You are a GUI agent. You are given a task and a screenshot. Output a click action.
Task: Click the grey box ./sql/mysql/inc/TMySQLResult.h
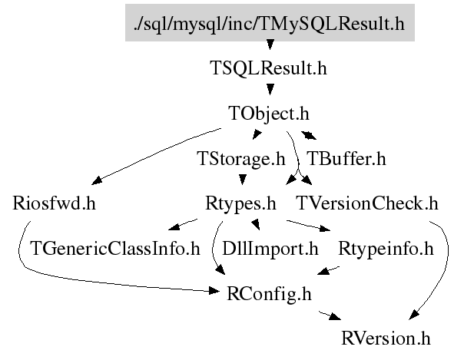[269, 22]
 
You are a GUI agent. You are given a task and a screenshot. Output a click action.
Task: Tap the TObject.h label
[269, 114]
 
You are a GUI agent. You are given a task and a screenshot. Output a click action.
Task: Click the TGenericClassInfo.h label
[114, 249]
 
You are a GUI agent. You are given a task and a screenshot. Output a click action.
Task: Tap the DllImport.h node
[270, 249]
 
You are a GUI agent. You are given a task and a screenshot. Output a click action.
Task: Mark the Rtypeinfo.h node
[386, 249]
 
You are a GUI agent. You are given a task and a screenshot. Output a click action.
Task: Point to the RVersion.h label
[386, 339]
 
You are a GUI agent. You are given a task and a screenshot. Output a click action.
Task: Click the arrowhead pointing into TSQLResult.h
[269, 51]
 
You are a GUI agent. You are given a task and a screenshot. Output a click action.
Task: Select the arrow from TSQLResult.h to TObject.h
[269, 91]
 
